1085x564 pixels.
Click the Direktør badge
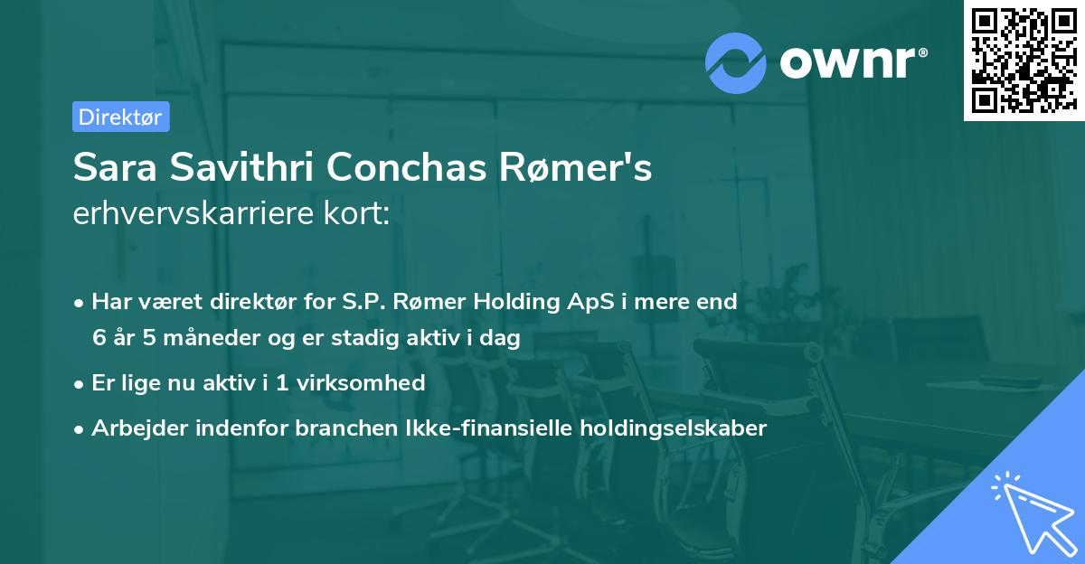(120, 117)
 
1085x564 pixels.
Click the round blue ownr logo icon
(736, 62)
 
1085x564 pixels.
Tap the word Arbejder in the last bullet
(132, 428)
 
